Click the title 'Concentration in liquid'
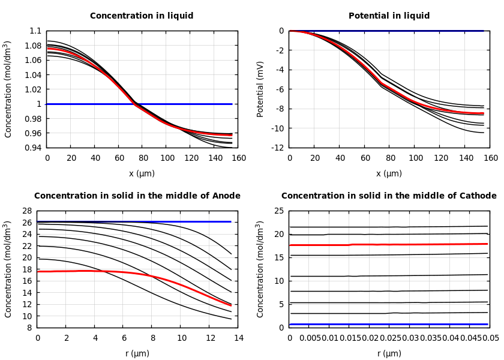tap(142, 16)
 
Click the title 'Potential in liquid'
tap(389, 16)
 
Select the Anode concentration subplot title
tap(137, 196)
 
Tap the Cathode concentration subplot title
tap(389, 196)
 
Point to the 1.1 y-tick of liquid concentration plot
tap(35, 31)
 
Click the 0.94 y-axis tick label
tap(34, 148)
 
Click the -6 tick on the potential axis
tap(280, 89)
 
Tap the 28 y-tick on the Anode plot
tap(26, 211)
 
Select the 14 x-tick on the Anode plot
tap(238, 338)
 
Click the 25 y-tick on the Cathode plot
tap(278, 211)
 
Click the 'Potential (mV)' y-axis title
tap(260, 89)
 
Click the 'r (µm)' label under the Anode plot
tap(137, 353)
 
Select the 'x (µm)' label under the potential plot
tap(389, 173)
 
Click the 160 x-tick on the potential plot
tap(491, 158)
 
